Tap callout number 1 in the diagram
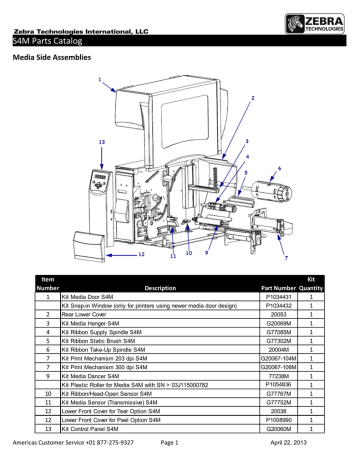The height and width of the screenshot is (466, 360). tap(98, 79)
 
